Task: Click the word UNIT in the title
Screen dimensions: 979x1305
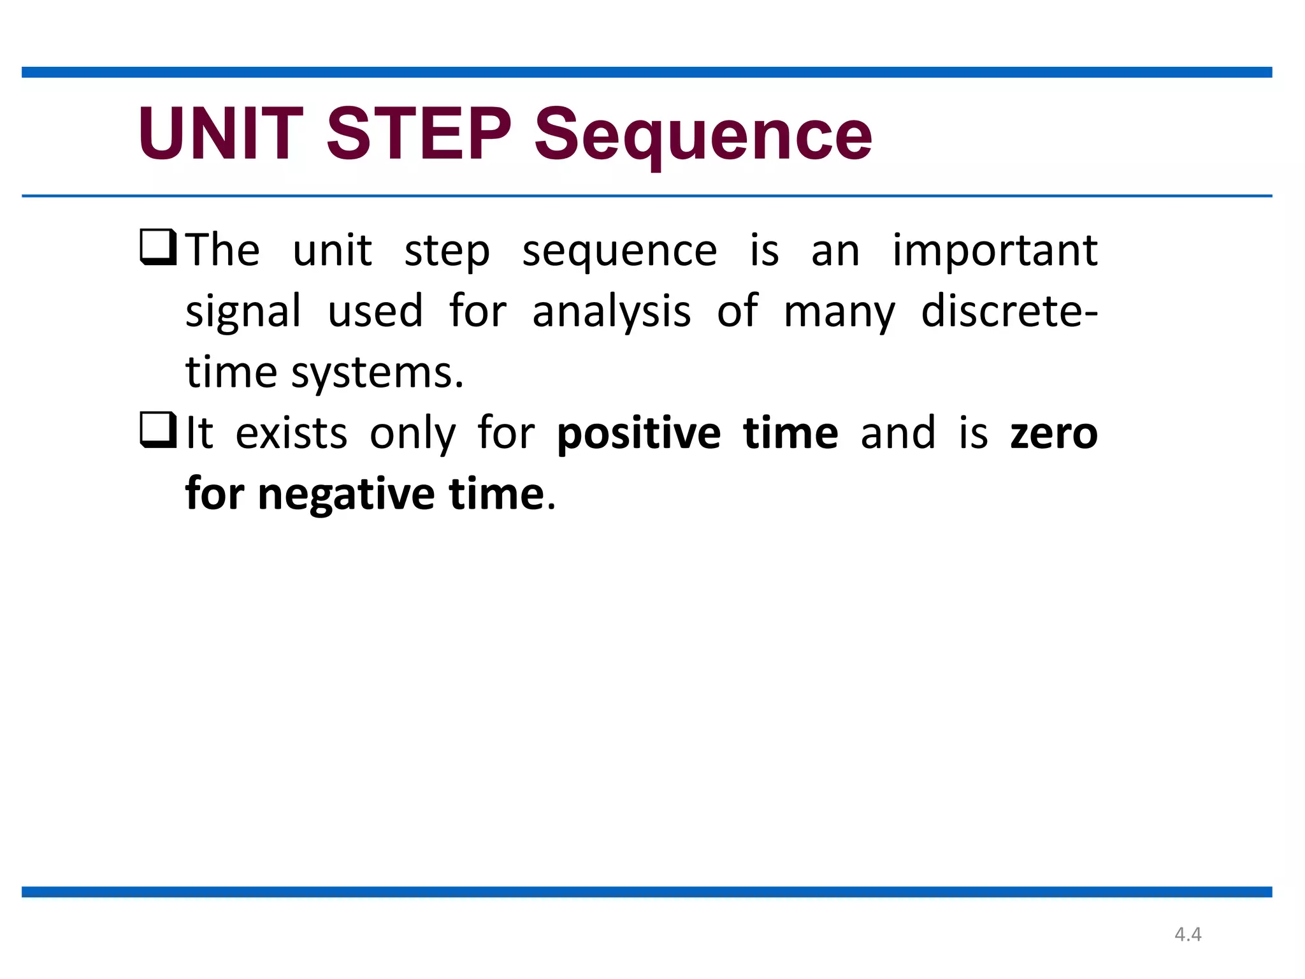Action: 220,134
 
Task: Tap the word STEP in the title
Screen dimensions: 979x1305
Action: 419,134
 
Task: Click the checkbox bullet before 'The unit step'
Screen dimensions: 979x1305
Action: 158,247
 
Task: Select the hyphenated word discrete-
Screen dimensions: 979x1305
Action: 1009,311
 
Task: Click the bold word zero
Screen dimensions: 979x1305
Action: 1054,433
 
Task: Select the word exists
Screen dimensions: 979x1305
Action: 291,433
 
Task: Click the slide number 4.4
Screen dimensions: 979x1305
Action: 1188,934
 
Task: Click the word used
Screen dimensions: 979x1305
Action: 375,311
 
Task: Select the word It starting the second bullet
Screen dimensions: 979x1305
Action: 199,433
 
